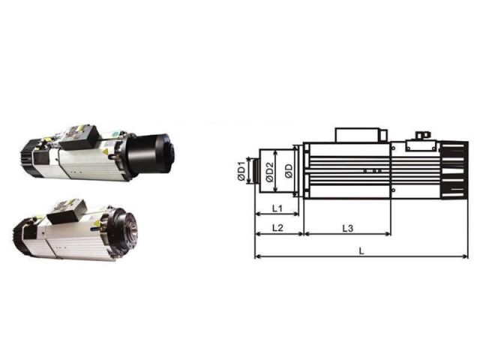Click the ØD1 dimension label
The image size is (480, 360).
[241, 170]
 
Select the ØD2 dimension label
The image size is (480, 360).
[269, 172]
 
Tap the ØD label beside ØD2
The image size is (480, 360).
[288, 171]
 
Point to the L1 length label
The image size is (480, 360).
[277, 208]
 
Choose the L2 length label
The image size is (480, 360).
[277, 228]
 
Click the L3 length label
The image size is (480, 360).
[348, 228]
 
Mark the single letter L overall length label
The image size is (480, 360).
[361, 251]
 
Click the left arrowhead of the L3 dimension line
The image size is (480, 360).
[307, 234]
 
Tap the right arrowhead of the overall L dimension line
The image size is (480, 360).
[465, 256]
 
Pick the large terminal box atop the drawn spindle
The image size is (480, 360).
[358, 135]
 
